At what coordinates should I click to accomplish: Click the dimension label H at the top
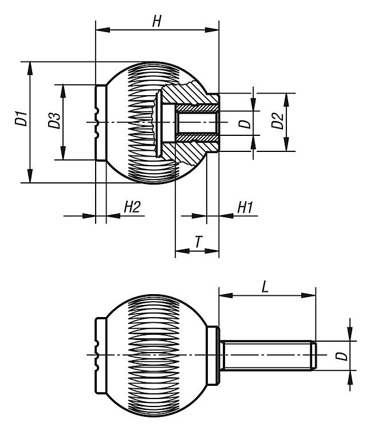(x=157, y=21)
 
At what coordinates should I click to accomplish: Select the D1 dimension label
(x=21, y=118)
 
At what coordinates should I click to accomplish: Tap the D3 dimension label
(x=54, y=120)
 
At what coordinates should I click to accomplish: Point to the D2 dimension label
(x=277, y=120)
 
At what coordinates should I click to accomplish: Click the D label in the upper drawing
(x=245, y=124)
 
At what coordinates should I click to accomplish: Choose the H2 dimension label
(x=132, y=207)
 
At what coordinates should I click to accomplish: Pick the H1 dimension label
(x=245, y=207)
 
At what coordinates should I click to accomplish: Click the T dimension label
(x=199, y=241)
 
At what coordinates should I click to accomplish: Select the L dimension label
(x=265, y=287)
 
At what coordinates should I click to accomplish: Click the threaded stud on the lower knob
(x=268, y=355)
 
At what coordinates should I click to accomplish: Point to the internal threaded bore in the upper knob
(x=196, y=123)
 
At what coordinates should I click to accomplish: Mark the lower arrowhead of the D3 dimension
(x=63, y=153)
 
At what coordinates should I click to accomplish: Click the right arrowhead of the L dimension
(x=309, y=295)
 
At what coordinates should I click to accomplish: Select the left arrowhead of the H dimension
(x=103, y=30)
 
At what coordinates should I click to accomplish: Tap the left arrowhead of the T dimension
(x=182, y=251)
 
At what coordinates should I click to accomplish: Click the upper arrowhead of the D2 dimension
(x=286, y=100)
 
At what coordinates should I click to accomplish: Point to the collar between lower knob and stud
(x=213, y=355)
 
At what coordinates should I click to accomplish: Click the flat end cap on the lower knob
(x=100, y=355)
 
